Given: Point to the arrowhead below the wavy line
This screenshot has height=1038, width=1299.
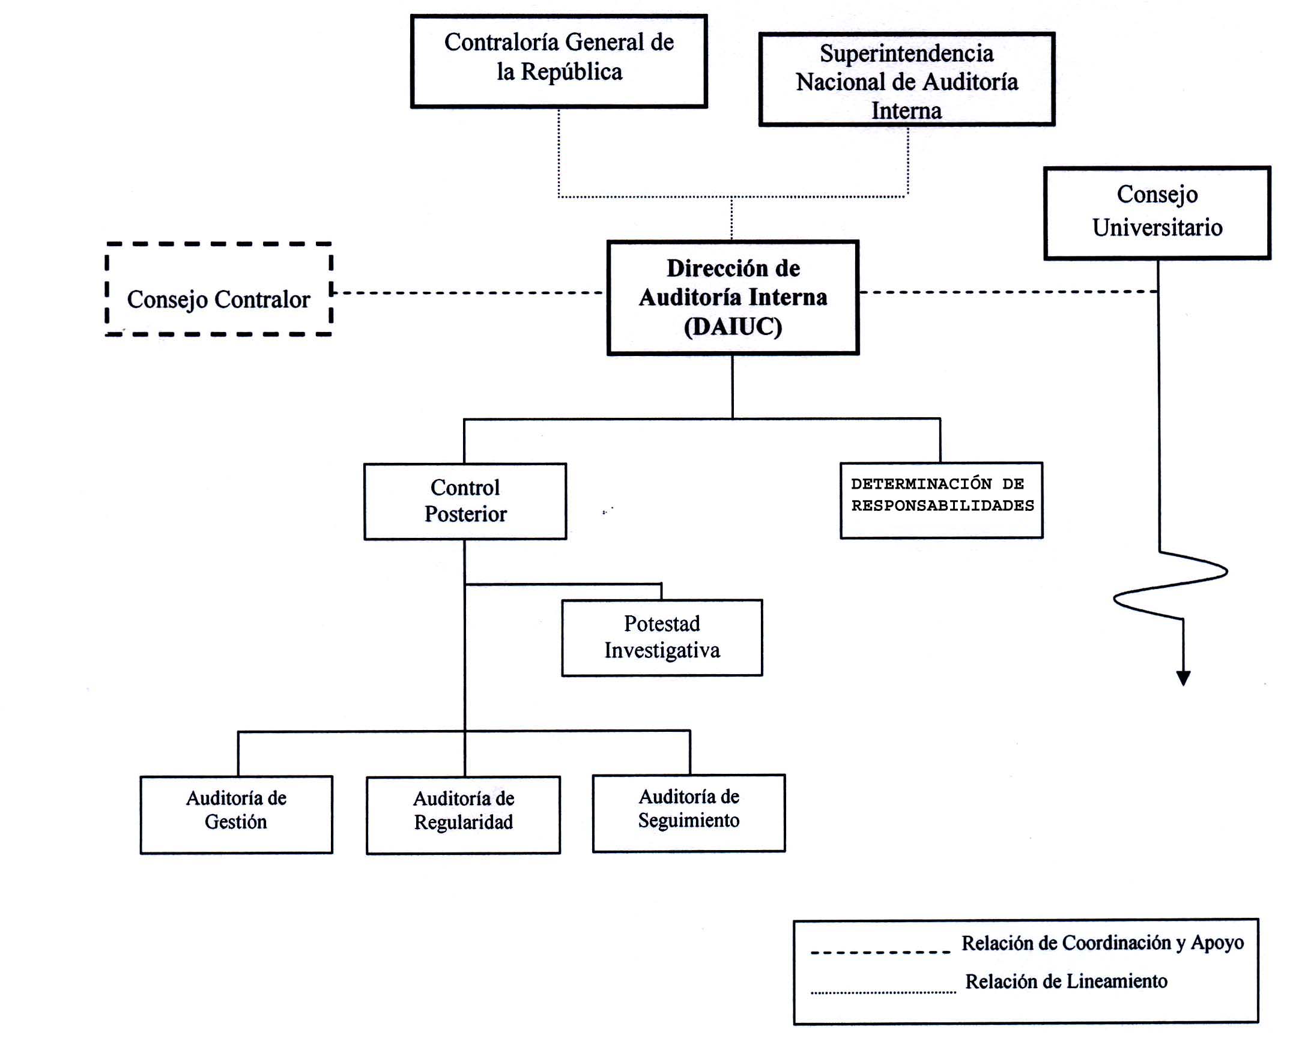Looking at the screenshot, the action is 1183,678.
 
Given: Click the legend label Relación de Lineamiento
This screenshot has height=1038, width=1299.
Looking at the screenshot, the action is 1066,982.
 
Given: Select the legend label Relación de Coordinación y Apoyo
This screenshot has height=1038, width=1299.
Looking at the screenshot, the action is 1102,943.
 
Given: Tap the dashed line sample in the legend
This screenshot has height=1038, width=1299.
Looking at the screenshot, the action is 880,953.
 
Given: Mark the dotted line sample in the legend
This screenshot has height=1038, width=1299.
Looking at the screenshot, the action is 883,992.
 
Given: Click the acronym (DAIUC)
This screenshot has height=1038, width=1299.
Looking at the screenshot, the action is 733,327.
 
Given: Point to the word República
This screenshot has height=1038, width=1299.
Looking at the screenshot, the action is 571,71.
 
